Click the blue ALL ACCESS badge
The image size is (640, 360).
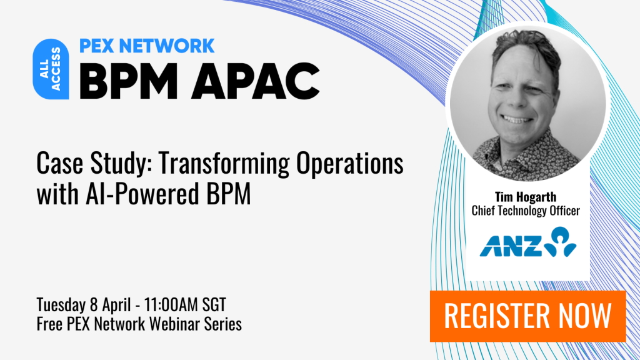pyautogui.click(x=51, y=69)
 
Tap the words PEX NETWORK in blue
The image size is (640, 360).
pyautogui.click(x=147, y=46)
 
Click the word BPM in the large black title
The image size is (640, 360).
pyautogui.click(x=129, y=81)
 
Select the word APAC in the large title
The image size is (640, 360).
pyautogui.click(x=256, y=81)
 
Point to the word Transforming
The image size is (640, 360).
pyautogui.click(x=224, y=163)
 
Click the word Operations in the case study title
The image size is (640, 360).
pyautogui.click(x=350, y=163)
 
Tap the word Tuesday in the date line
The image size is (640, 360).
pyautogui.click(x=61, y=304)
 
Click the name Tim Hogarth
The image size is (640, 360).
pyautogui.click(x=526, y=197)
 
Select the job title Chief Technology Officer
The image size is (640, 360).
pyautogui.click(x=526, y=211)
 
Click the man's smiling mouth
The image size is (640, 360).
pyautogui.click(x=517, y=119)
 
